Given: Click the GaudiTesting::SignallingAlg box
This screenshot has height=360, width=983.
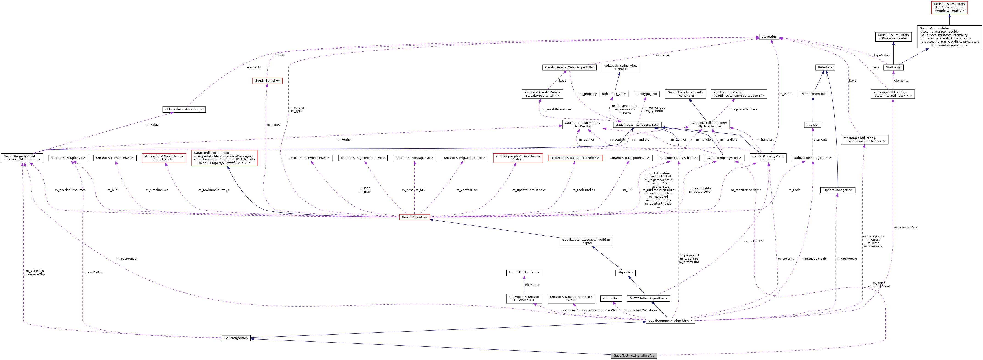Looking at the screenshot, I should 634,355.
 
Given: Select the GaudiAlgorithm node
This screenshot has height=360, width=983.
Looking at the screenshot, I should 236,338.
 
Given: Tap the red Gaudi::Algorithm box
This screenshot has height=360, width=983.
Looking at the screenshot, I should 414,217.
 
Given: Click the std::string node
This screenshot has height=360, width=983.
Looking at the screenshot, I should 769,37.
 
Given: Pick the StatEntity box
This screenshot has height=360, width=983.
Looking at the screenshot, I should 893,67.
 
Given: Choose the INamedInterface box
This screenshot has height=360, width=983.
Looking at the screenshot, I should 813,94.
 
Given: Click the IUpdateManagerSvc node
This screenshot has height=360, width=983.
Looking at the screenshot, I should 838,190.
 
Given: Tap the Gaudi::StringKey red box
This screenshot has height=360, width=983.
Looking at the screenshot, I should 267,81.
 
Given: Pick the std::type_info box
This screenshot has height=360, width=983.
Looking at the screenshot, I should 647,94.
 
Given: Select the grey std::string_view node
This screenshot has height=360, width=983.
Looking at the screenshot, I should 614,94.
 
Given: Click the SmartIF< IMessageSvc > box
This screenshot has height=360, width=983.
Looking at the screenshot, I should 414,158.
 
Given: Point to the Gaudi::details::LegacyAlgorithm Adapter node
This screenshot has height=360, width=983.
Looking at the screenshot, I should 586,241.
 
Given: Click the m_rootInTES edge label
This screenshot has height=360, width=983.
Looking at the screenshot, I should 753,241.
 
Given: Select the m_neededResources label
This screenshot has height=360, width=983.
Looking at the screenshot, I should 70,190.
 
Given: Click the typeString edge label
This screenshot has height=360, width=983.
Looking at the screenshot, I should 882,55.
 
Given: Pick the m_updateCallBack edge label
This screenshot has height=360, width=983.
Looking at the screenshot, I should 743,109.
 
